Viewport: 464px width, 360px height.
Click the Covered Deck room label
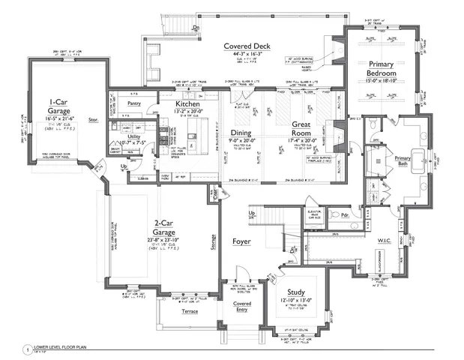pyautogui.click(x=247, y=46)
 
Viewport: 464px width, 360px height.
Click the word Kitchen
pyautogui.click(x=187, y=104)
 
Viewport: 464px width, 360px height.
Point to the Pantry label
pyautogui.click(x=135, y=103)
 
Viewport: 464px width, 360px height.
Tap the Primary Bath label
pyautogui.click(x=403, y=160)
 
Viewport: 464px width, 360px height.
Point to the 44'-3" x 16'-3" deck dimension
pyautogui.click(x=247, y=55)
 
